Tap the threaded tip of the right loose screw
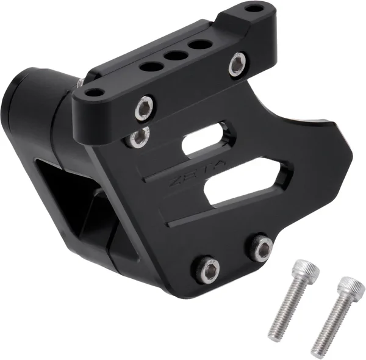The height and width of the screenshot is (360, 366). point(317,351)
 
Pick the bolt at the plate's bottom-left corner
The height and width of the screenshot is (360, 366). point(209,268)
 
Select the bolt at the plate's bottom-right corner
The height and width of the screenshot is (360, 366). point(262,247)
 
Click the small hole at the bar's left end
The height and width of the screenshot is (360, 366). point(93,93)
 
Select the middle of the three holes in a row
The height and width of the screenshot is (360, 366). point(176,56)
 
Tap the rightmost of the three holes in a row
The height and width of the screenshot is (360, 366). point(197,45)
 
